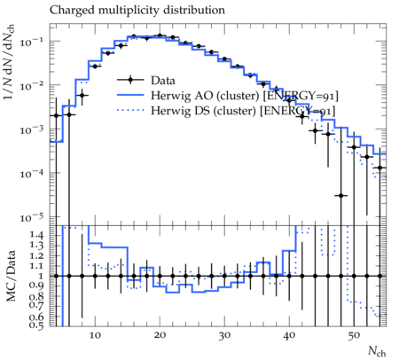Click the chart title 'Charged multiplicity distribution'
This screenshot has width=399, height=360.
point(137,11)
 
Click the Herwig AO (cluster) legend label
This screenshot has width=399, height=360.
point(245,96)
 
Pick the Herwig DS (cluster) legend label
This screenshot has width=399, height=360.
point(243,111)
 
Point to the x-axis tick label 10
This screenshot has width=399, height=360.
point(95,335)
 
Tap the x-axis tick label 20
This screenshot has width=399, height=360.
point(160,335)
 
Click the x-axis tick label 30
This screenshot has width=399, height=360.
point(224,336)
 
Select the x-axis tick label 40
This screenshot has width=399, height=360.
point(289,336)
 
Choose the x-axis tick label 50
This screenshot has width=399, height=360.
point(354,336)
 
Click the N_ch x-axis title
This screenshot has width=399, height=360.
point(377,351)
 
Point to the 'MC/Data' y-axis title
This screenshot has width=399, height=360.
point(11,276)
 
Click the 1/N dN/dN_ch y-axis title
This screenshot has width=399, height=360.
point(9,62)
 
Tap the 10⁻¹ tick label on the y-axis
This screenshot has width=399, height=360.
point(31,42)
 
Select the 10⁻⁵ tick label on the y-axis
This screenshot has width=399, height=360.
point(31,218)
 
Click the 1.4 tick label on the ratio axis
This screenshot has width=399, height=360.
point(36,236)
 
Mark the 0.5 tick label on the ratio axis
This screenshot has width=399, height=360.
point(36,325)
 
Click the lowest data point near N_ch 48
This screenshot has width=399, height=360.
point(340,195)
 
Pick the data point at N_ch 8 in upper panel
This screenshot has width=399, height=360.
point(82,95)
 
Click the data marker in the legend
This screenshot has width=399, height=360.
point(130,80)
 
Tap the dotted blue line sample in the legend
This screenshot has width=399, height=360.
point(130,111)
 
